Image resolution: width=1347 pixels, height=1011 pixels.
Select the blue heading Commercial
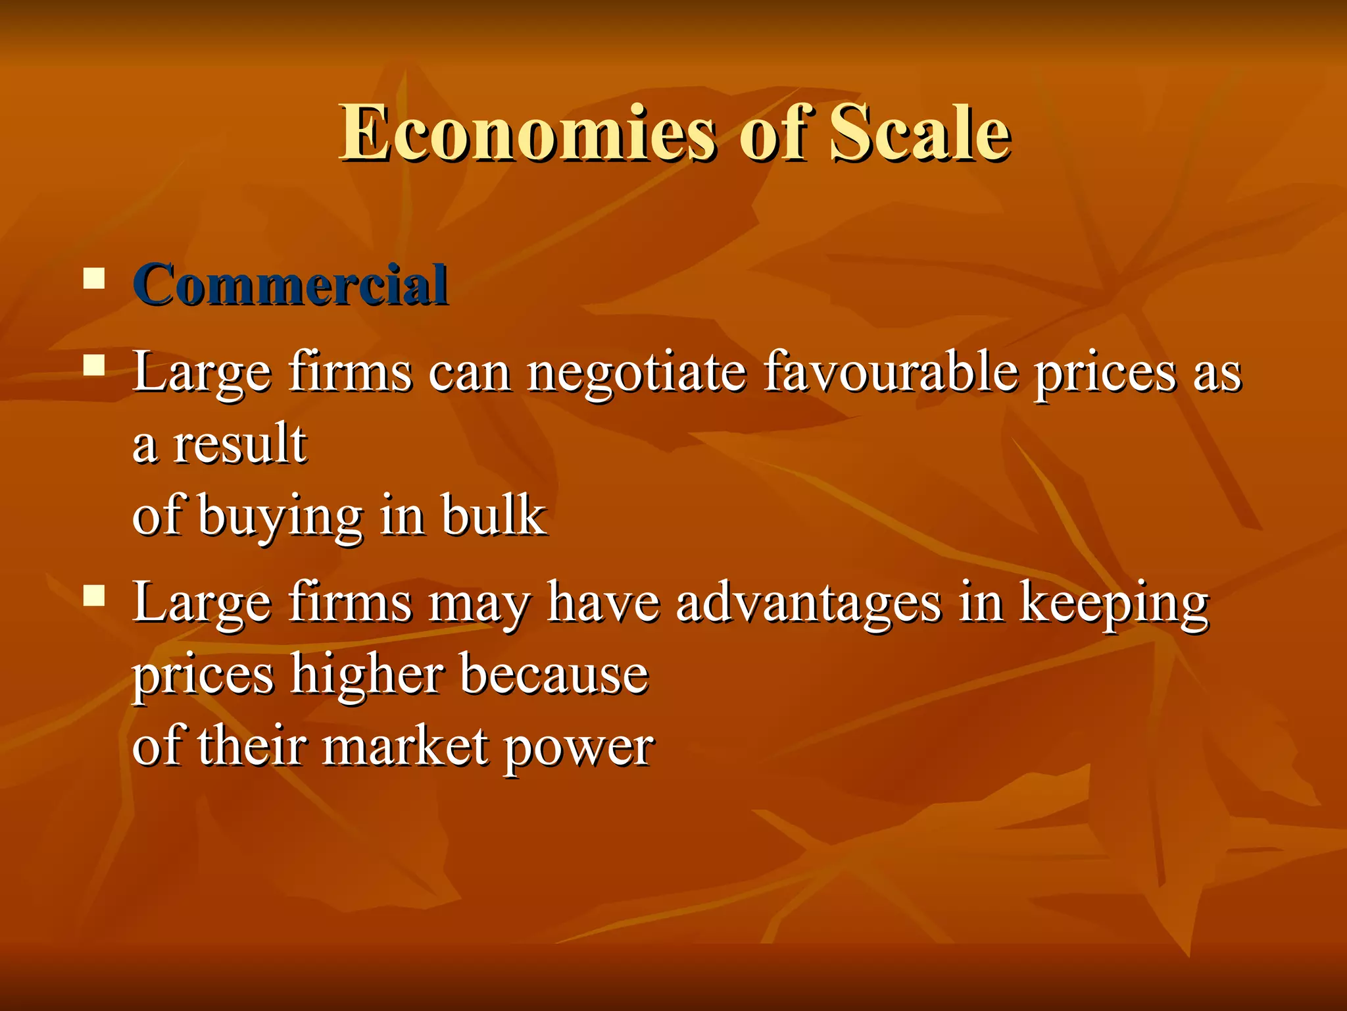[290, 285]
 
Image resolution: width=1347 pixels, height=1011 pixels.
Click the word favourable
[891, 372]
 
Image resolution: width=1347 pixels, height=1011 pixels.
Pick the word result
[239, 444]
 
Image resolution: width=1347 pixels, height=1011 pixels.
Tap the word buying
[280, 517]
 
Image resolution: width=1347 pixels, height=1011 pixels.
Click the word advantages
[808, 602]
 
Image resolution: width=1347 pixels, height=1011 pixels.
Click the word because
[554, 674]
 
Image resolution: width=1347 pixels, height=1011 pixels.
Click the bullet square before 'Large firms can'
[95, 365]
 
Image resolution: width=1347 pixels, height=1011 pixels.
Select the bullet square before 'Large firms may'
[95, 595]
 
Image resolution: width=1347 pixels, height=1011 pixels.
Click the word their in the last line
[252, 746]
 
